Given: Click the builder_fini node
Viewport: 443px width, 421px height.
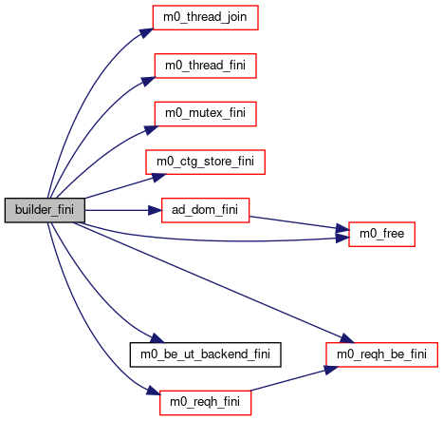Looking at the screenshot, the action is click(x=45, y=210).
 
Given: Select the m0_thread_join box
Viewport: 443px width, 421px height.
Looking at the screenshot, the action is click(x=206, y=17).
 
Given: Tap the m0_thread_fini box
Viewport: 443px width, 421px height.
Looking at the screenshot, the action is click(x=206, y=66).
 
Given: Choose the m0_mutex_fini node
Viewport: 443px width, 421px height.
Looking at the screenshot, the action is click(x=206, y=114).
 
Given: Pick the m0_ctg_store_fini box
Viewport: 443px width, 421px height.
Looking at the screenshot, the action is click(x=206, y=162).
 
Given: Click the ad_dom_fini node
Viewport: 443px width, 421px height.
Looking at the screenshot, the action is click(x=206, y=210).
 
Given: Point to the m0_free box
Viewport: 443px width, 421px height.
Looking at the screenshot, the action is click(x=382, y=234).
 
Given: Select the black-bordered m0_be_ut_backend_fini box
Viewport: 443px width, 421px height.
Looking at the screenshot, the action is click(x=206, y=354).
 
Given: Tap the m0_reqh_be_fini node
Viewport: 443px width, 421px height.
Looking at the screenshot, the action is click(x=382, y=354).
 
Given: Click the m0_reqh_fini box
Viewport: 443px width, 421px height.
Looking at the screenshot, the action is click(x=206, y=403).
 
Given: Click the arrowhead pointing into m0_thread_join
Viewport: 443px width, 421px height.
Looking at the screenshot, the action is click(x=147, y=33).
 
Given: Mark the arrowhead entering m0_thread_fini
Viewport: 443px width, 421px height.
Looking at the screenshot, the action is click(x=148, y=81).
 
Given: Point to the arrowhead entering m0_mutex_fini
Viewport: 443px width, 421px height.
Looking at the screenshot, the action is click(x=151, y=130).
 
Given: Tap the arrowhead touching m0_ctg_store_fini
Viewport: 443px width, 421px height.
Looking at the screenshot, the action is click(x=158, y=177).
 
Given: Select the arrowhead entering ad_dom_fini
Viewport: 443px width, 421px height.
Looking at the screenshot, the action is click(x=155, y=210).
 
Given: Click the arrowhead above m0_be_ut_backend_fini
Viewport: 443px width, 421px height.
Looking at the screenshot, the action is click(x=157, y=338).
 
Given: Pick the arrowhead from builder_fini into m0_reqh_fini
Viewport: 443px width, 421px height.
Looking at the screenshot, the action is click(x=154, y=391).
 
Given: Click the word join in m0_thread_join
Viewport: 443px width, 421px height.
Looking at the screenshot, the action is click(x=234, y=17).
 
